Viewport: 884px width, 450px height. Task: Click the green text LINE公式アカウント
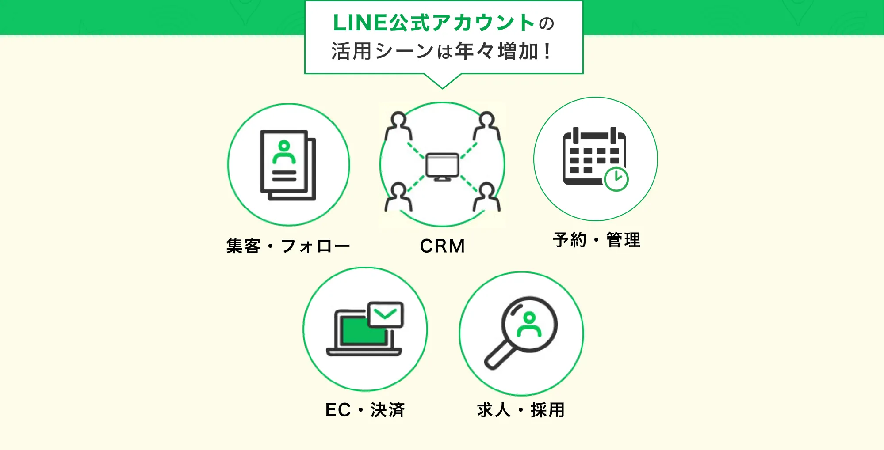click(434, 23)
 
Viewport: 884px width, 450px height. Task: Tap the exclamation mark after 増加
click(547, 52)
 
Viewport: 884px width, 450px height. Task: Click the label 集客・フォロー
click(288, 246)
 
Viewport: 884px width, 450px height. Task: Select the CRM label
click(442, 246)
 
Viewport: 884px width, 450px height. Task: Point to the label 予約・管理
click(597, 240)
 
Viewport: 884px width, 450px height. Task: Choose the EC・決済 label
click(365, 410)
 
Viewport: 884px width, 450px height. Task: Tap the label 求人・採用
click(521, 410)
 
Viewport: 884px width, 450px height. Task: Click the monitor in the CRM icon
click(442, 166)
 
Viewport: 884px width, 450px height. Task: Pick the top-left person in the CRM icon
click(398, 126)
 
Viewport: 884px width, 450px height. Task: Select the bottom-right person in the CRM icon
click(487, 197)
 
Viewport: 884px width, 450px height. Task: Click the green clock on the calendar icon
click(616, 179)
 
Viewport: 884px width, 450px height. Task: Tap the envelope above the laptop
click(386, 314)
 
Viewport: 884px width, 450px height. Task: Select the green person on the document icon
click(284, 152)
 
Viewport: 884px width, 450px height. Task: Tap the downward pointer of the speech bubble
click(442, 82)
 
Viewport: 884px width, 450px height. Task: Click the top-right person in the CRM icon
click(487, 126)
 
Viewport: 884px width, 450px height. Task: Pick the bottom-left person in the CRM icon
click(398, 197)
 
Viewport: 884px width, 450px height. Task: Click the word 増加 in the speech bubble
click(517, 52)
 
